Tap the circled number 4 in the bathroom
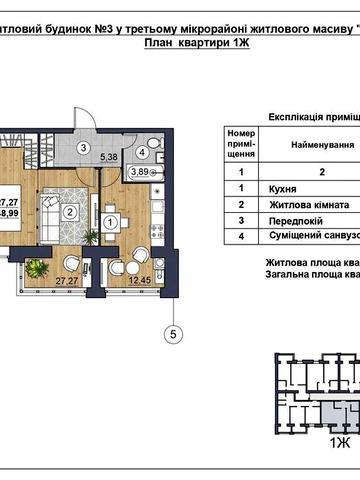tap(143, 153)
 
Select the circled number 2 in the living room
tap(71, 210)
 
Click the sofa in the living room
tap(50, 210)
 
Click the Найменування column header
tap(322, 144)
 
